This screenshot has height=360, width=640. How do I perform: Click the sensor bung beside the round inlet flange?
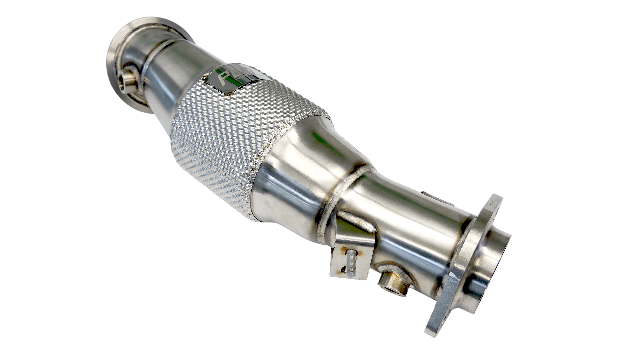(128, 80)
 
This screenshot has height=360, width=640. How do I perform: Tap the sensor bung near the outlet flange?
(393, 281)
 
